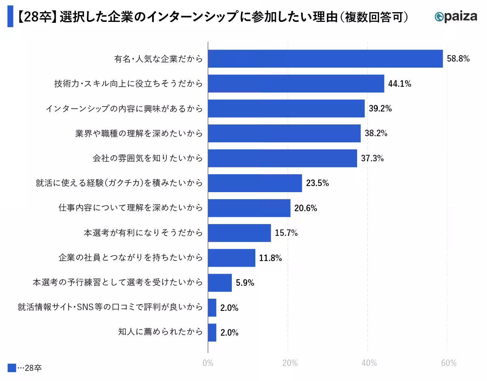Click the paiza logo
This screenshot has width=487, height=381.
point(455,17)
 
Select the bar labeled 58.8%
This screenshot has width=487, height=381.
point(325,59)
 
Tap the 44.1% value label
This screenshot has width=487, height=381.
point(399,84)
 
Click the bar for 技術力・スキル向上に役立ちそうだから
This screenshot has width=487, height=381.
point(296,84)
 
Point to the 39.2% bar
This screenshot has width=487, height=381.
point(286,109)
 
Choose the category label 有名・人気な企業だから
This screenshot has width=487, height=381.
point(158,59)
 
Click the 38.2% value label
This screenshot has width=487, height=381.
point(376,133)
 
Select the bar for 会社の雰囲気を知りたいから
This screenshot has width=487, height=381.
point(282,158)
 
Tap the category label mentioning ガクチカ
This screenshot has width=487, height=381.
point(119,183)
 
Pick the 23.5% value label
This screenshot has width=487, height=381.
point(317,183)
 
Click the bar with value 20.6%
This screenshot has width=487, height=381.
point(249,208)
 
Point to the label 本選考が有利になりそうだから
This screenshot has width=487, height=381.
point(143,233)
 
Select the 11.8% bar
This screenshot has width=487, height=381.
point(231,258)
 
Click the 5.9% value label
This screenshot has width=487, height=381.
point(245,283)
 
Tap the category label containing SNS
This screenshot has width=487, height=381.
point(110,307)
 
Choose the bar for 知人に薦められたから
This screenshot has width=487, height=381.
point(212,332)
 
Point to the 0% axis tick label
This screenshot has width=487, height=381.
point(208,363)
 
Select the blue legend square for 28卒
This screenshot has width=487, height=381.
point(12,368)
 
